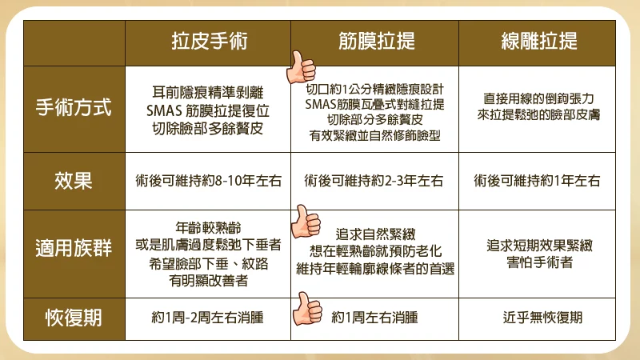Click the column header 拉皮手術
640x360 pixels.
pos(210,42)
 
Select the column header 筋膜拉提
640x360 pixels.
pos(377,42)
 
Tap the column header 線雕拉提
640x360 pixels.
pos(539,42)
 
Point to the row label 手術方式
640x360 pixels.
pos(74,108)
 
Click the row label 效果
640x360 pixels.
pos(74,181)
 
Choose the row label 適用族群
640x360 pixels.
pos(74,248)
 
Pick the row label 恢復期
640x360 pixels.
pos(74,318)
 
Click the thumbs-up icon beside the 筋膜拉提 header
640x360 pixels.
pos(302,68)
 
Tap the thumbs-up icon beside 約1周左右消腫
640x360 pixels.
pos(307,310)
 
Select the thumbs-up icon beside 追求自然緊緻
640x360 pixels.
pos(306,222)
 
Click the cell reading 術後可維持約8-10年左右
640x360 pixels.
pos(209,181)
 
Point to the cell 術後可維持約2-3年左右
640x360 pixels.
pos(374,181)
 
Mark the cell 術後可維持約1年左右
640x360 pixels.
pos(537,181)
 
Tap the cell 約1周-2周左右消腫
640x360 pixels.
pos(207,318)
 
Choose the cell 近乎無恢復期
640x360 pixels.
pos(542,318)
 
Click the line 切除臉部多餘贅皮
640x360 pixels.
pos(207,129)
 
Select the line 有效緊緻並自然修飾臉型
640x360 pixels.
pos(374,135)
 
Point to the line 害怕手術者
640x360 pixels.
pos(539,262)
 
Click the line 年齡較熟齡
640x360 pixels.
pos(208,227)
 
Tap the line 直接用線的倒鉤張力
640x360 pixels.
pos(538,98)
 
